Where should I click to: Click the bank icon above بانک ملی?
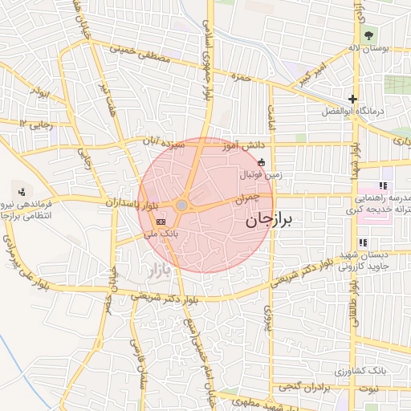(161, 221)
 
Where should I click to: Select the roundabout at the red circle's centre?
(182, 206)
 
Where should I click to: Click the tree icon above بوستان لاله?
(368, 35)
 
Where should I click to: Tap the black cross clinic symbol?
(352, 99)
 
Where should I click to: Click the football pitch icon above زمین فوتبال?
(262, 161)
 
